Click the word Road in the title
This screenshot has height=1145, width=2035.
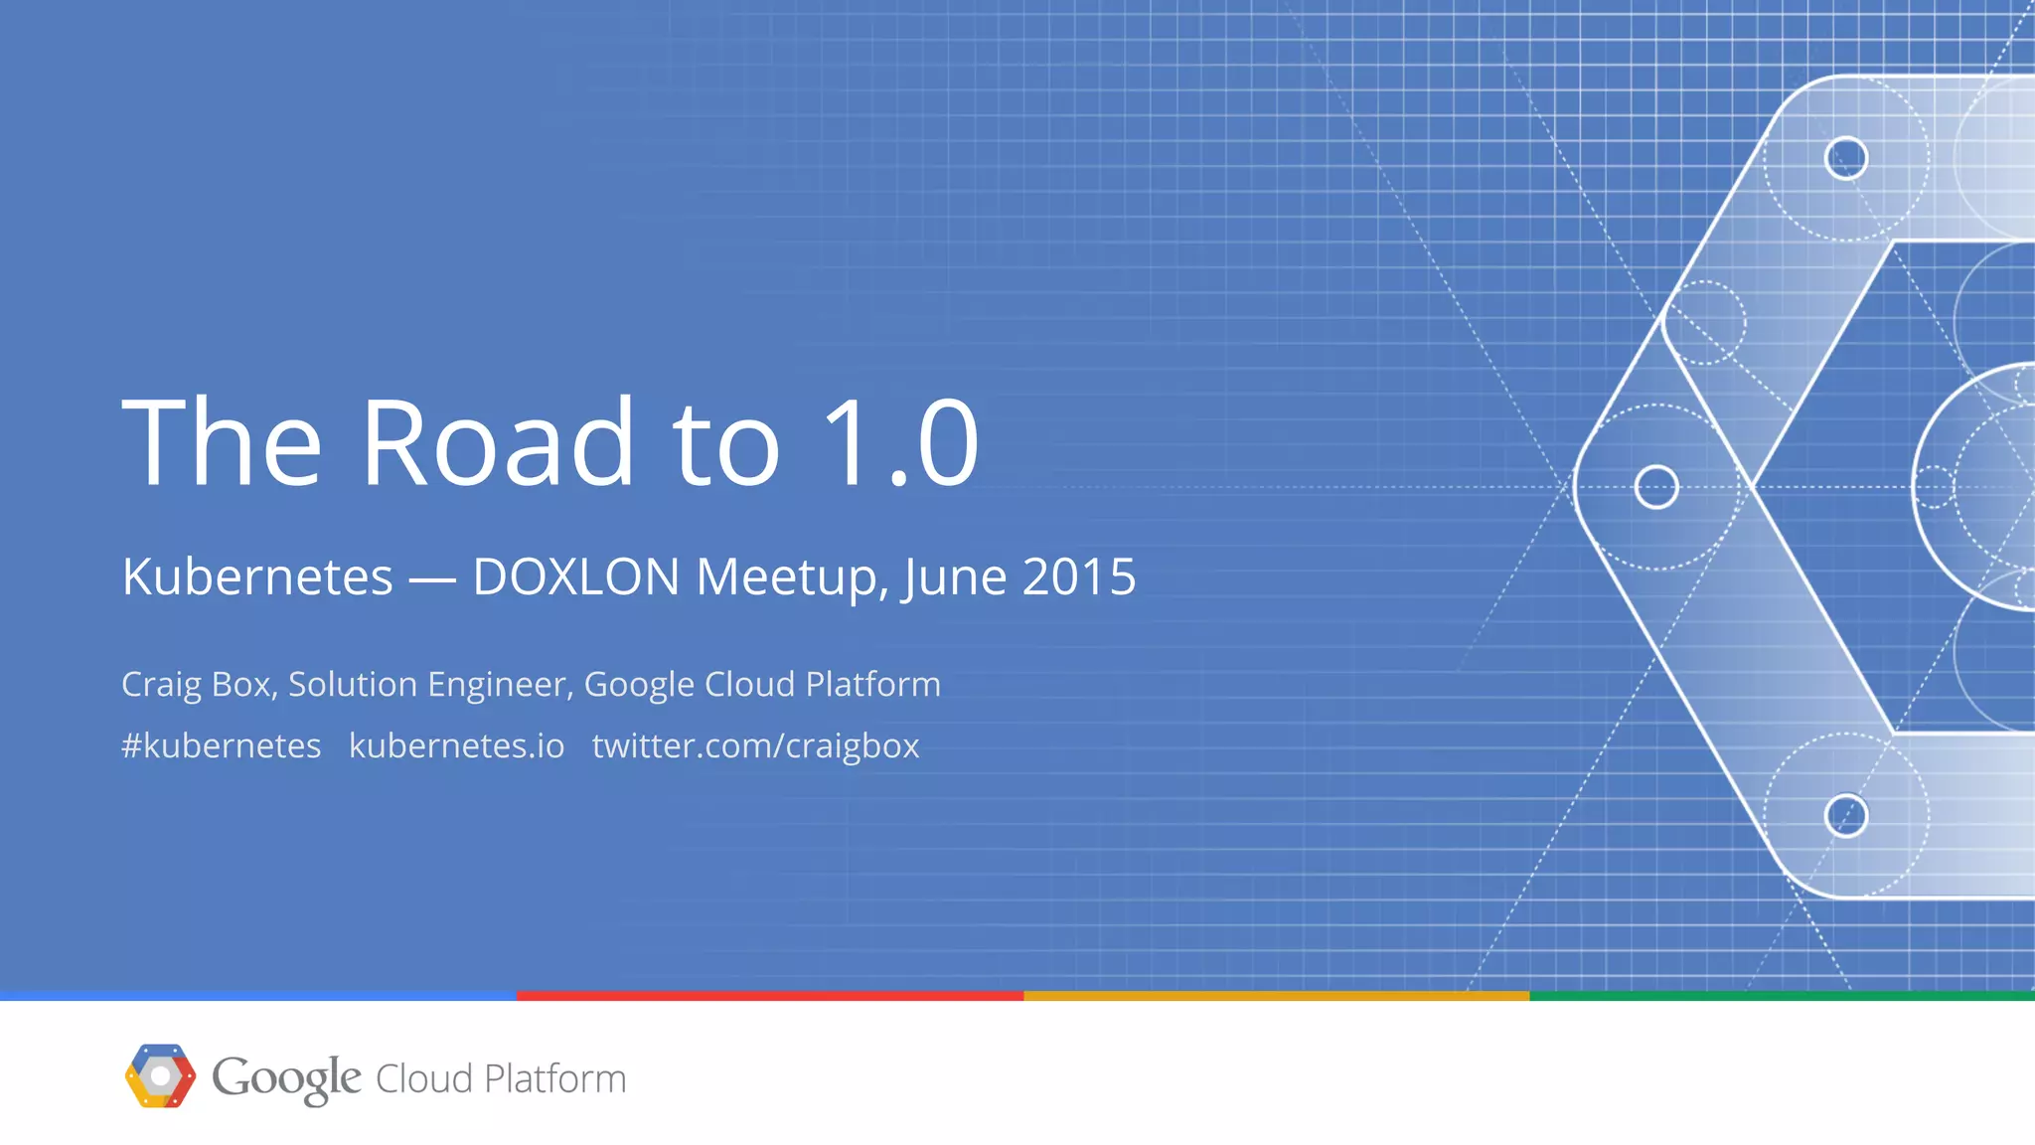[497, 442]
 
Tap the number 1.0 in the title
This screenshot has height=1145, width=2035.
[900, 442]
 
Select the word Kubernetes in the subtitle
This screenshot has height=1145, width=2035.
[257, 576]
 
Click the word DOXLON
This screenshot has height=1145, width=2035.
[575, 576]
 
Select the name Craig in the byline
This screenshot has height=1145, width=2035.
[161, 685]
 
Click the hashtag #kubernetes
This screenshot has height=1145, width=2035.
[221, 745]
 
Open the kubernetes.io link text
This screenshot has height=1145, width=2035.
[456, 745]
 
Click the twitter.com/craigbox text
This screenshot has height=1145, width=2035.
[755, 745]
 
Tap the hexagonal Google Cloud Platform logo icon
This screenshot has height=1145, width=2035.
[160, 1075]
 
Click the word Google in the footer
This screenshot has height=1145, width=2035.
[286, 1078]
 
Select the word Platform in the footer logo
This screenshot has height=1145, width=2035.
[554, 1078]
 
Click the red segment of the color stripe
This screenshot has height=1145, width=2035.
[770, 995]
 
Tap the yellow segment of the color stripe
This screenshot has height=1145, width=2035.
[1277, 995]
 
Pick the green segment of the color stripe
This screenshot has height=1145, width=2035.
[1782, 995]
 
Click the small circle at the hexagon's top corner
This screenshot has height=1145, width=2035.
[1846, 158]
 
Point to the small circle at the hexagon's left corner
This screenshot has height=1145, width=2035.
[1656, 487]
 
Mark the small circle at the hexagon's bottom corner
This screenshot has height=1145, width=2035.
[1846, 816]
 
